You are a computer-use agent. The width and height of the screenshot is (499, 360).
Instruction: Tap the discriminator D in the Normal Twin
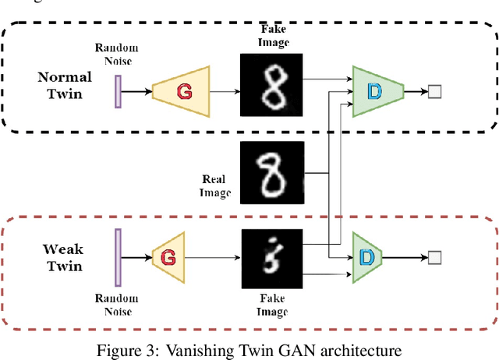click(x=377, y=91)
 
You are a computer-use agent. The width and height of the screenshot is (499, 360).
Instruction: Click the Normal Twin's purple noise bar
click(x=118, y=90)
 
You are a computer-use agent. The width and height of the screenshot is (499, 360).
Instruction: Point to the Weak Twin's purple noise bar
click(x=118, y=256)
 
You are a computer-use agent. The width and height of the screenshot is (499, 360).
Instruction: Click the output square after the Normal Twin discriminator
click(x=435, y=92)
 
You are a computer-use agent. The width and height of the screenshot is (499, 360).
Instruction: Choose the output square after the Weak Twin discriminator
click(x=435, y=256)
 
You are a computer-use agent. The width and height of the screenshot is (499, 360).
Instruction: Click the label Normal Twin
click(x=65, y=84)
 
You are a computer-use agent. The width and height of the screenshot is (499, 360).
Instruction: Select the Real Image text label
click(x=214, y=185)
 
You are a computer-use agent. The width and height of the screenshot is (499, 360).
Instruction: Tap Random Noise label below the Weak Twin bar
click(x=116, y=304)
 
